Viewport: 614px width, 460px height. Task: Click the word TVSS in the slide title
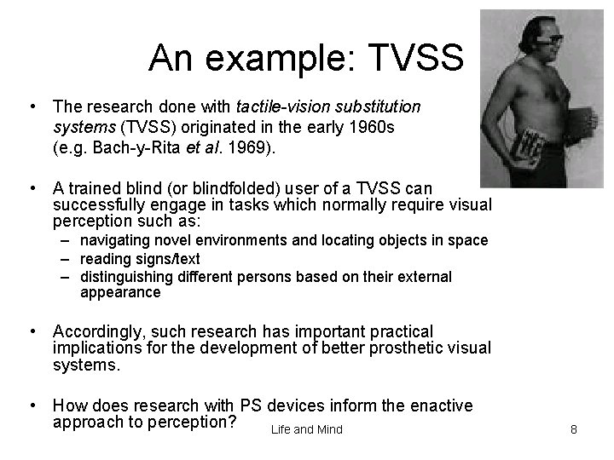417,58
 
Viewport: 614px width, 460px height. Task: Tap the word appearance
120,293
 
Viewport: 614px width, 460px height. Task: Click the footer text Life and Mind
306,429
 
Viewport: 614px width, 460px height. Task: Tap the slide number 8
573,429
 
